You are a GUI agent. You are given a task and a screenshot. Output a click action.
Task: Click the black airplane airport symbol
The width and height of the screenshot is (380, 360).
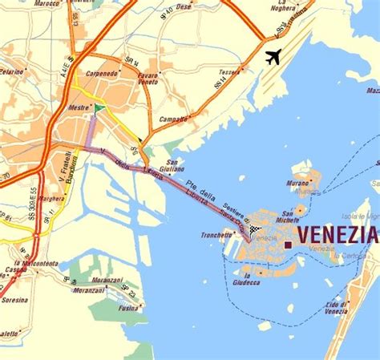(x=273, y=57)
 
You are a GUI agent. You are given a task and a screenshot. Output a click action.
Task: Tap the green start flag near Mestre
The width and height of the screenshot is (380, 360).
(x=99, y=108)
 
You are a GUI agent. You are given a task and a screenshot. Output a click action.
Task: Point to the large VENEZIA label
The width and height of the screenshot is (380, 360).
(x=338, y=235)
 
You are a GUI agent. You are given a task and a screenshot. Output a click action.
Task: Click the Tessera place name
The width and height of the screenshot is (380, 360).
(x=229, y=72)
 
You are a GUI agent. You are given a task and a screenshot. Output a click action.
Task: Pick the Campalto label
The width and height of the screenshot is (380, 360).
(x=174, y=119)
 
